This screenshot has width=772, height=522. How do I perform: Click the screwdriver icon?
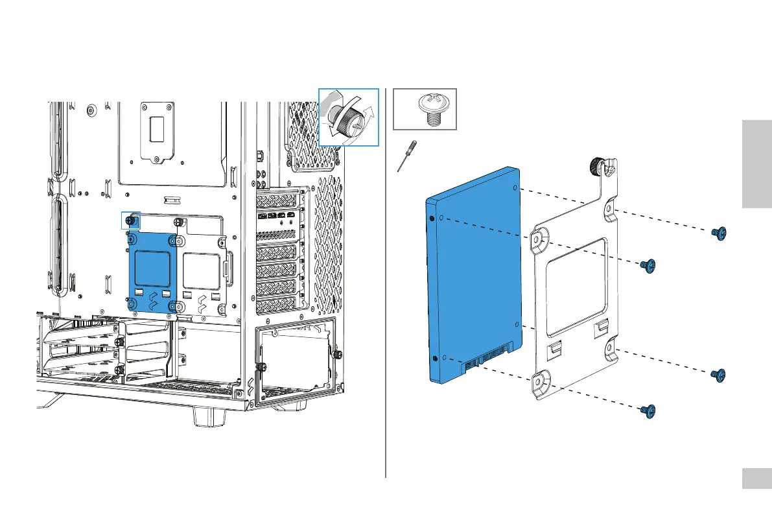coord(406,156)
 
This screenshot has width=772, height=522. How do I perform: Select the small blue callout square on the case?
coord(131,220)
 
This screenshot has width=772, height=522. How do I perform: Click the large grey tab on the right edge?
coord(756,165)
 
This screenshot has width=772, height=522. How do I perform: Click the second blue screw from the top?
coord(647,265)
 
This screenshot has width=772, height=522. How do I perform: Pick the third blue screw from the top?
coord(718,374)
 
